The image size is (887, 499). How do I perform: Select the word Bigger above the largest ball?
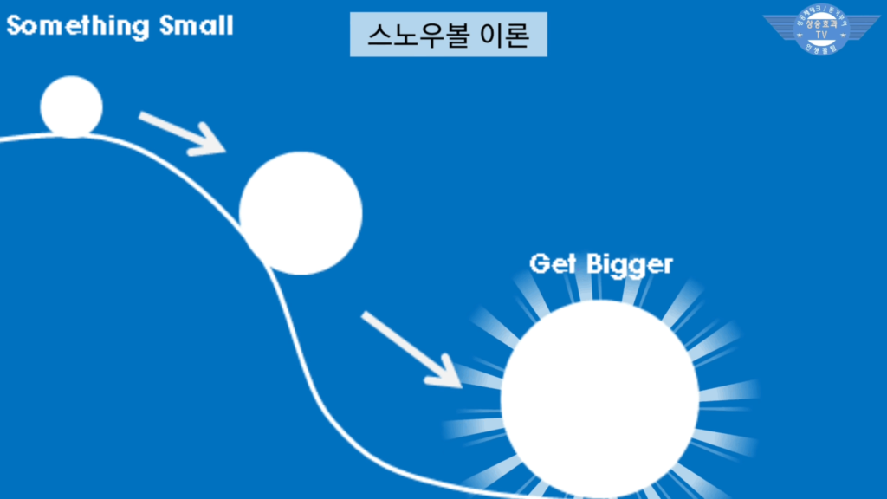(629, 264)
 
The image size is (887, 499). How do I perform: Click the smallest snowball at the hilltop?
(71, 107)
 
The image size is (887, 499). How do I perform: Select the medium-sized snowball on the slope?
(300, 213)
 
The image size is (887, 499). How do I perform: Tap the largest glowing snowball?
(599, 399)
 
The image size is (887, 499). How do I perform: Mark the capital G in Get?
(540, 263)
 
